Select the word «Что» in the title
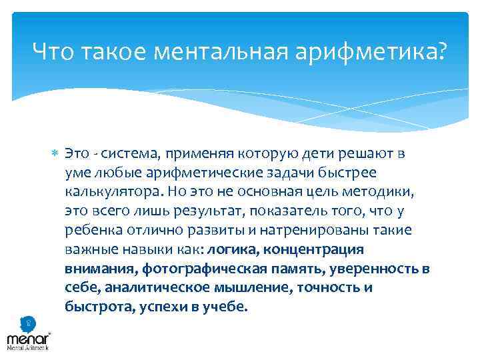(52, 50)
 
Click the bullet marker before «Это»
(56, 154)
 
